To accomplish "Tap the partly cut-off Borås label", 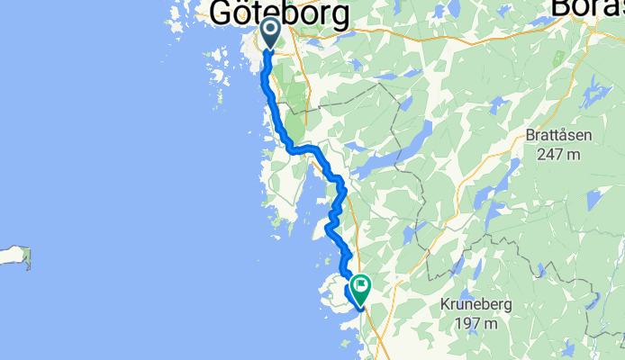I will point(584,7).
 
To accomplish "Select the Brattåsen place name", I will point(558,138).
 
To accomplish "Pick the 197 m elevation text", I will point(476,322).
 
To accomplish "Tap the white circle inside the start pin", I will point(270,30).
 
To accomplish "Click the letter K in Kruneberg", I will point(445,305).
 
